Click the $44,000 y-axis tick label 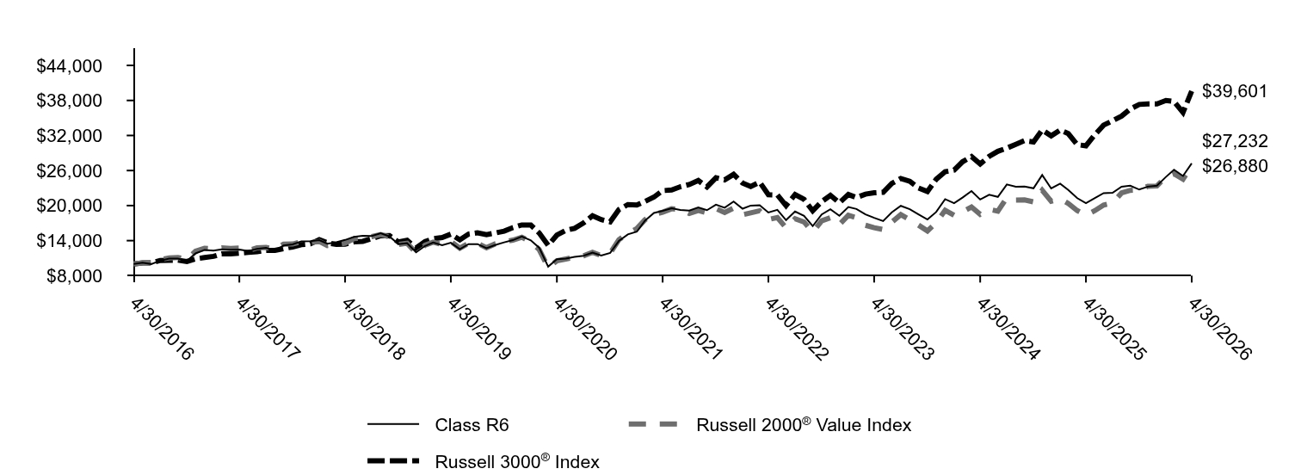[x=69, y=66]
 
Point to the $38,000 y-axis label [x=69, y=101]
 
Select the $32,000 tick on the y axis [x=69, y=136]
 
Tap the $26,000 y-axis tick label [x=69, y=171]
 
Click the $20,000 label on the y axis [x=69, y=207]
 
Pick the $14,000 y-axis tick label [x=69, y=241]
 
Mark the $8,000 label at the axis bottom [x=74, y=276]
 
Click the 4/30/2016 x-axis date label [x=162, y=330]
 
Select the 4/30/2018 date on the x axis [x=373, y=330]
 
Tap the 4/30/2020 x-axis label [x=585, y=330]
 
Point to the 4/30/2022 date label [x=796, y=330]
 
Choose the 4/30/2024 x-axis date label [x=1008, y=330]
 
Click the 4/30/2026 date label [x=1220, y=330]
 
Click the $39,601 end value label [x=1235, y=91]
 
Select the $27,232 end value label [x=1235, y=141]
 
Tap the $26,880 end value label [x=1235, y=166]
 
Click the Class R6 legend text [x=472, y=425]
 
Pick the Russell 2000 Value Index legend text [x=804, y=424]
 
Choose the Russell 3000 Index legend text [x=517, y=461]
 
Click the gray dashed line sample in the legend [x=654, y=424]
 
